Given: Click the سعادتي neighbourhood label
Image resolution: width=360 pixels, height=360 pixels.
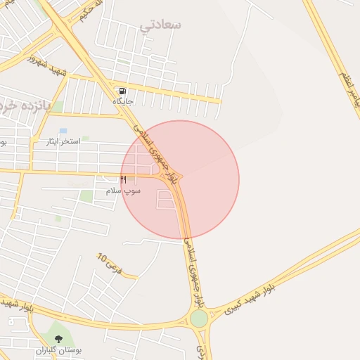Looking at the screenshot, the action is click(160, 25).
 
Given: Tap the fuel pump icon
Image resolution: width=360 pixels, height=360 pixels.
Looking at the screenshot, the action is click(123, 91).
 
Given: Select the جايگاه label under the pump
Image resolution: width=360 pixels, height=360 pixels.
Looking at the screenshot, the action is click(123, 101).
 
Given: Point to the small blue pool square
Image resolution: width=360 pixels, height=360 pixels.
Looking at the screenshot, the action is click(63, 131).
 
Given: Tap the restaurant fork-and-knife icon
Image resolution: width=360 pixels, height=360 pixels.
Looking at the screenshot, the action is click(123, 180).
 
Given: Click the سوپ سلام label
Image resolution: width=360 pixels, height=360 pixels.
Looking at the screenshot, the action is click(124, 191).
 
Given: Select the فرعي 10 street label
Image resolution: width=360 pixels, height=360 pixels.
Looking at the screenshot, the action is click(110, 264).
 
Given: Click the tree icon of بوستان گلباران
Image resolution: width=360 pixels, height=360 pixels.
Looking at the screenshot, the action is click(58, 339).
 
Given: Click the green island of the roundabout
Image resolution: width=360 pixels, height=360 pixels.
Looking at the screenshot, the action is click(199, 319).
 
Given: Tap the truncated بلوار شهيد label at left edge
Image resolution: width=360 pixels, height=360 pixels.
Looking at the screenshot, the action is click(15, 306).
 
